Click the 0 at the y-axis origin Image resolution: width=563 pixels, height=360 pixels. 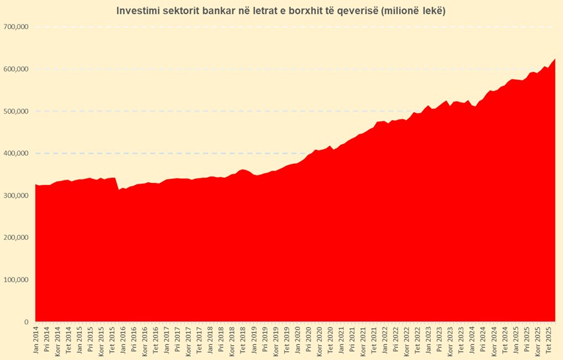26,322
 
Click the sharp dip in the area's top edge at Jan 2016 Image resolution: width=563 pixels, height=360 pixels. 119,190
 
